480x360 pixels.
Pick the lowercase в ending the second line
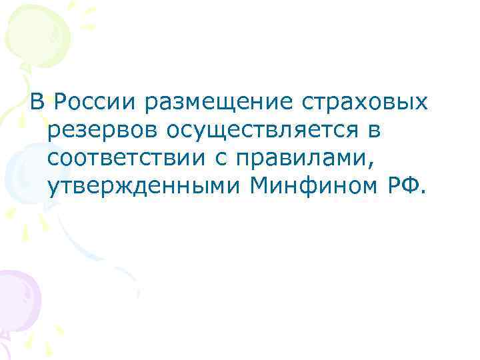tap(373, 132)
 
